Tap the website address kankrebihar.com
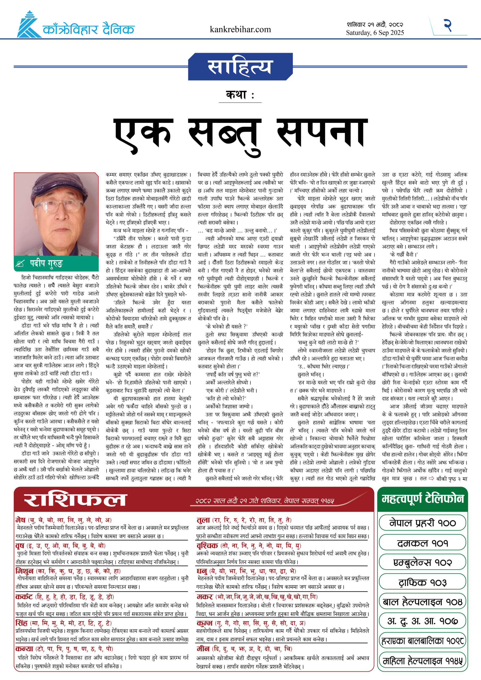tap(240, 29)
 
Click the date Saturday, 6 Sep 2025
tap(375, 33)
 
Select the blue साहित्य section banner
tap(240, 67)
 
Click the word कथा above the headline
tap(236, 95)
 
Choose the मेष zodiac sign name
tap(20, 520)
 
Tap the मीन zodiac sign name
tap(203, 649)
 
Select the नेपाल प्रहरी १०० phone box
tap(422, 523)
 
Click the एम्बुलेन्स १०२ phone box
tap(422, 562)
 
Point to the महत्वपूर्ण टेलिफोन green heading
tap(422, 499)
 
